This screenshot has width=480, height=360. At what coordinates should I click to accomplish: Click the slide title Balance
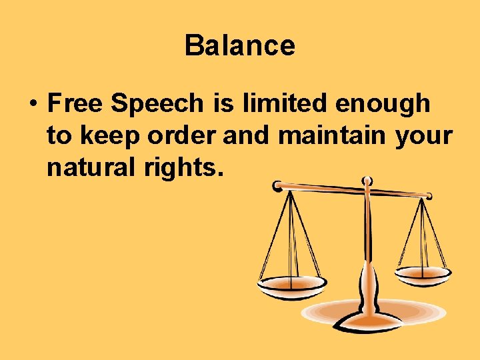click(x=239, y=46)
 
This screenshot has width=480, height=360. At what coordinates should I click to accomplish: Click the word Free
click(x=75, y=103)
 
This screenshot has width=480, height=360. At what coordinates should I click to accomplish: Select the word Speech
click(x=157, y=105)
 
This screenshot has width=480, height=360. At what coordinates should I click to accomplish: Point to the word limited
click(x=283, y=103)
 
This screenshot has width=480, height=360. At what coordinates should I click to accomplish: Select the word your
click(x=424, y=137)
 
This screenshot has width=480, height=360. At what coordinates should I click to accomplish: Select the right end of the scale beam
click(x=429, y=195)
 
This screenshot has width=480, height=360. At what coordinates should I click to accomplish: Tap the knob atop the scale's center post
click(x=366, y=181)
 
